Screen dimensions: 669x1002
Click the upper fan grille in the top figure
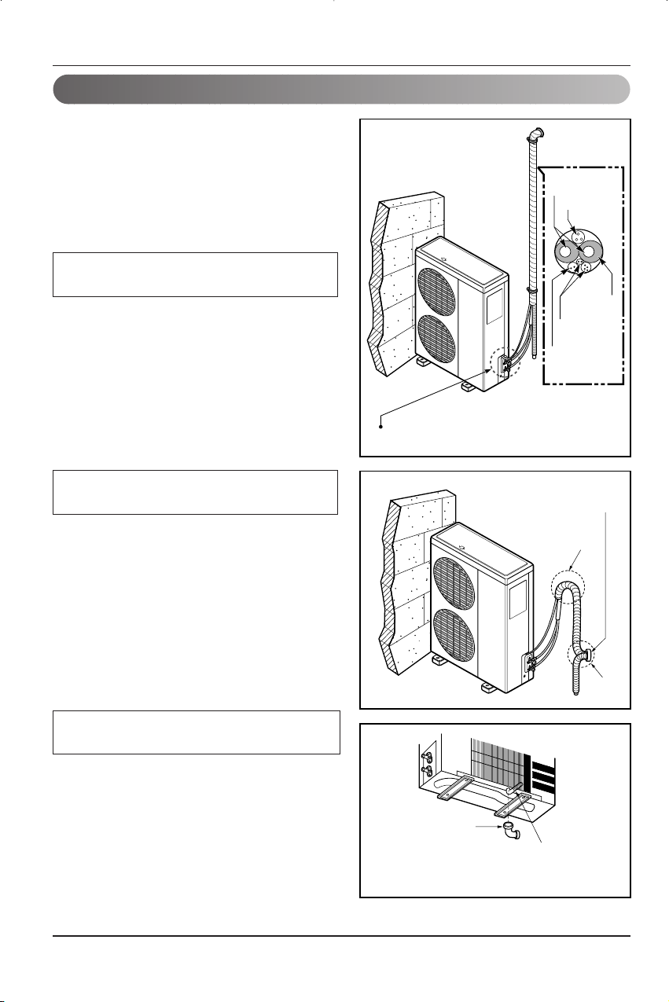pos(435,287)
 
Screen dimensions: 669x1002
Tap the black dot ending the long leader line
pos(382,427)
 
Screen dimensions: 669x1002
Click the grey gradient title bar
pos(341,90)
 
